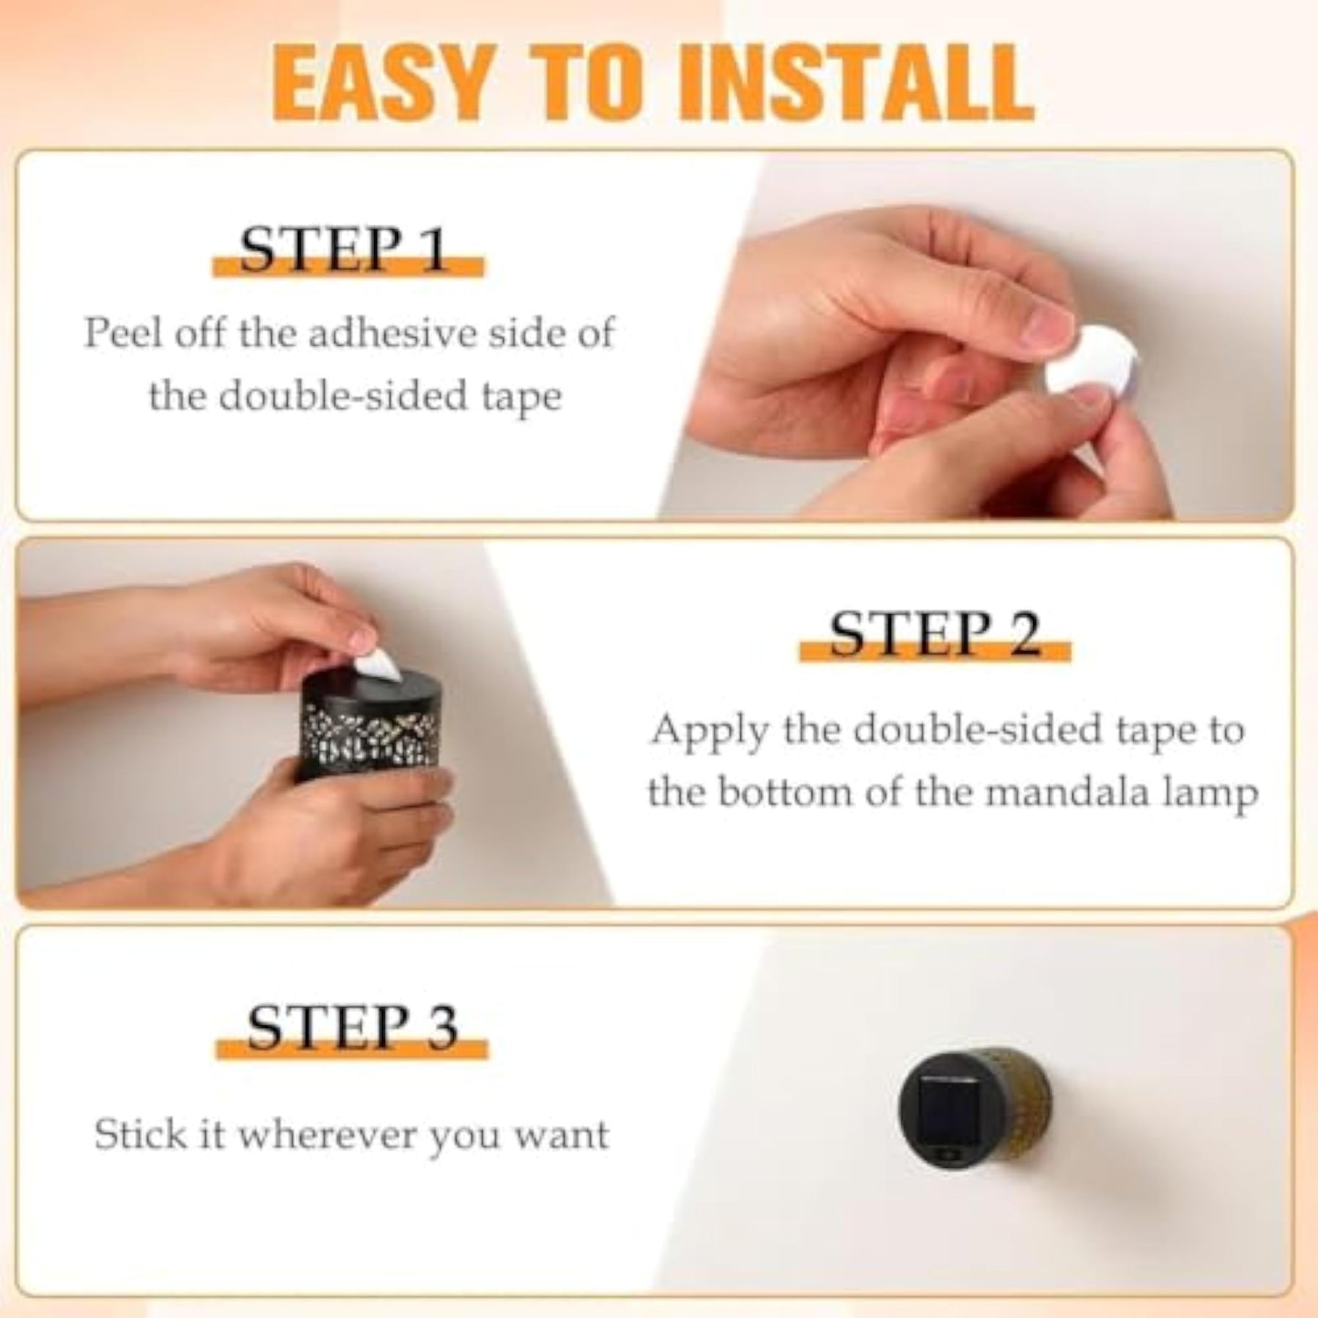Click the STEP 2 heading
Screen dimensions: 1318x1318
935,634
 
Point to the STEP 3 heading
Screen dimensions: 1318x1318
351,1027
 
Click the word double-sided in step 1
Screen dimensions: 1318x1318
345,396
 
